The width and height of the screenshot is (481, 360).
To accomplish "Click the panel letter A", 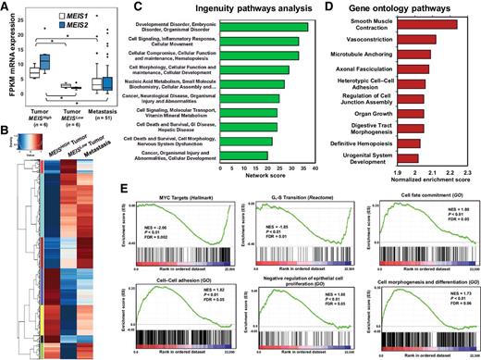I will coord(6,8).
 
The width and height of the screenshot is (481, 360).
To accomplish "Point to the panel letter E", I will coord(142,189).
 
